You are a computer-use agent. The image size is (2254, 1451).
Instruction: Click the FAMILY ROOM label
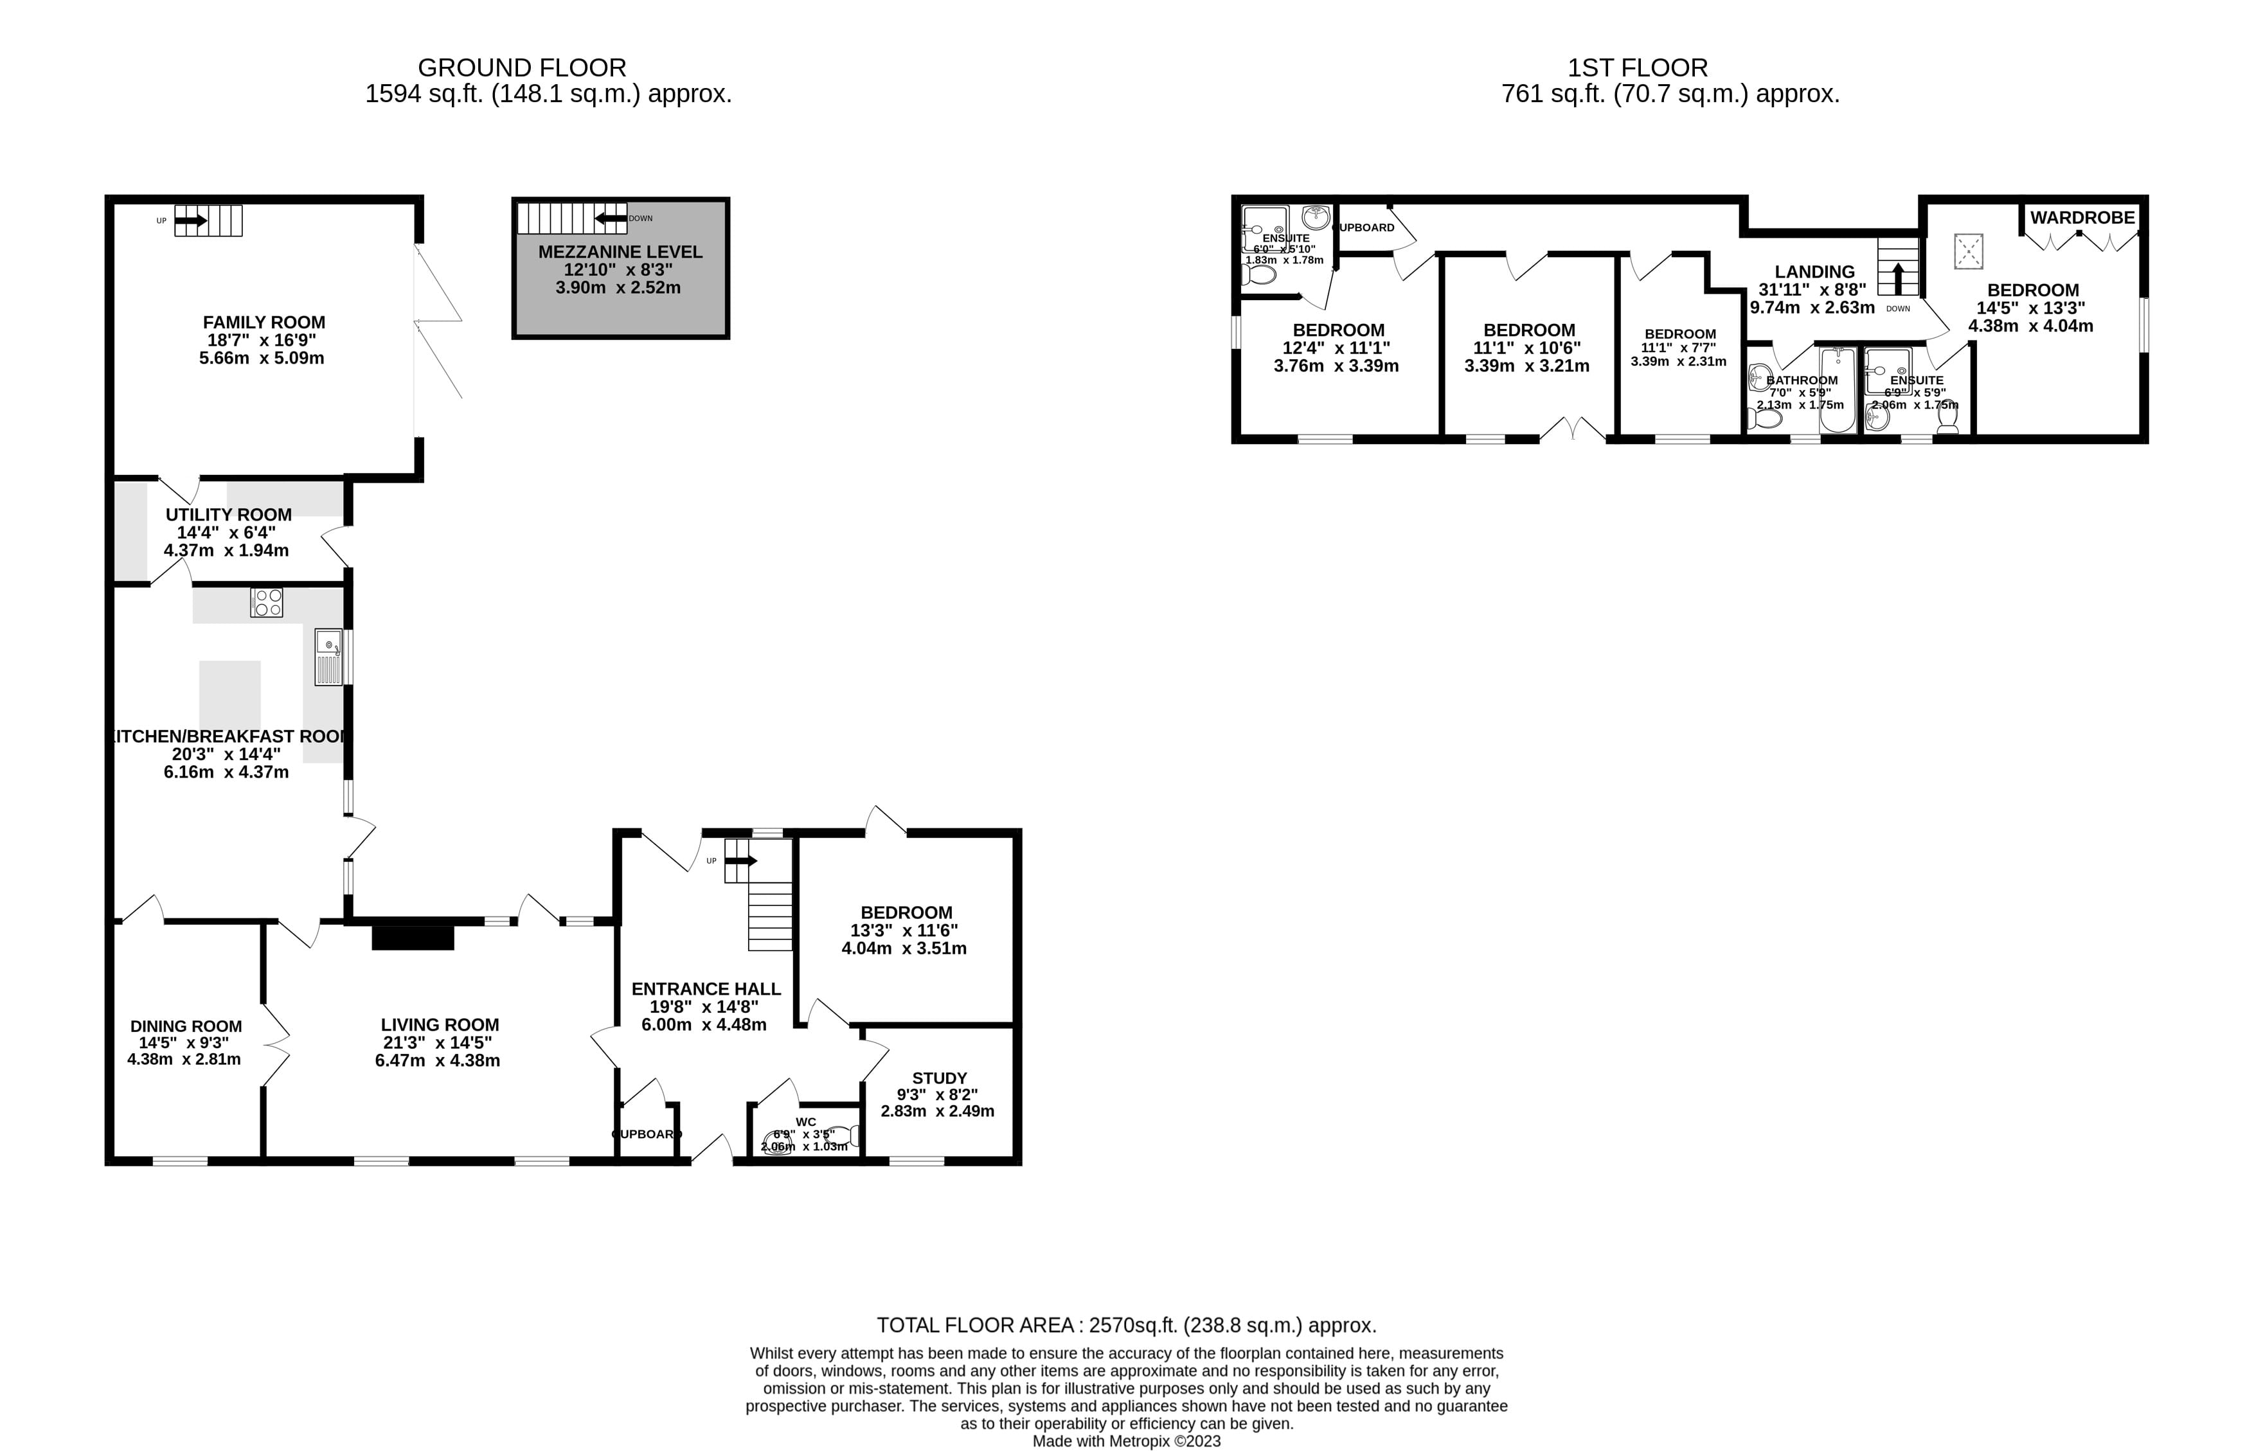click(264, 322)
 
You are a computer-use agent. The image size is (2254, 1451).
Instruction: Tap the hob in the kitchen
click(267, 603)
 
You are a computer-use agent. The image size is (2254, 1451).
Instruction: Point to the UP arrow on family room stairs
click(192, 220)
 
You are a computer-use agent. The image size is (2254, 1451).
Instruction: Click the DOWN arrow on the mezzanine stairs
click(611, 218)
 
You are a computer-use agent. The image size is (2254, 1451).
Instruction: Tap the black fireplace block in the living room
click(413, 938)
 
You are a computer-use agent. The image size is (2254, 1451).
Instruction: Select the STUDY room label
click(938, 1078)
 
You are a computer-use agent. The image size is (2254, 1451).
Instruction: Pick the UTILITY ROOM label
click(228, 515)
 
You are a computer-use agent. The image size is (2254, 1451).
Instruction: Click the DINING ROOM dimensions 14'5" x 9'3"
click(184, 1043)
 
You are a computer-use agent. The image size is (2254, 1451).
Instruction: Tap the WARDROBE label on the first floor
click(2082, 218)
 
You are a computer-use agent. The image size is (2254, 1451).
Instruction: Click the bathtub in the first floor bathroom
click(1837, 390)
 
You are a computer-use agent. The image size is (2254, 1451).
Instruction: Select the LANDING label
click(1813, 271)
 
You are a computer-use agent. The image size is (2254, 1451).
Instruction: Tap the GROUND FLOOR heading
click(521, 68)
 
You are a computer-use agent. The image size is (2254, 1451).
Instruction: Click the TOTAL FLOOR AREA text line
click(1126, 1325)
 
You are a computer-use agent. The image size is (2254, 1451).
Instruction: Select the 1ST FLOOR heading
click(1637, 68)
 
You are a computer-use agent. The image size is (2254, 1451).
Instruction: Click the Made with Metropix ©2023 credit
click(1126, 1441)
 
